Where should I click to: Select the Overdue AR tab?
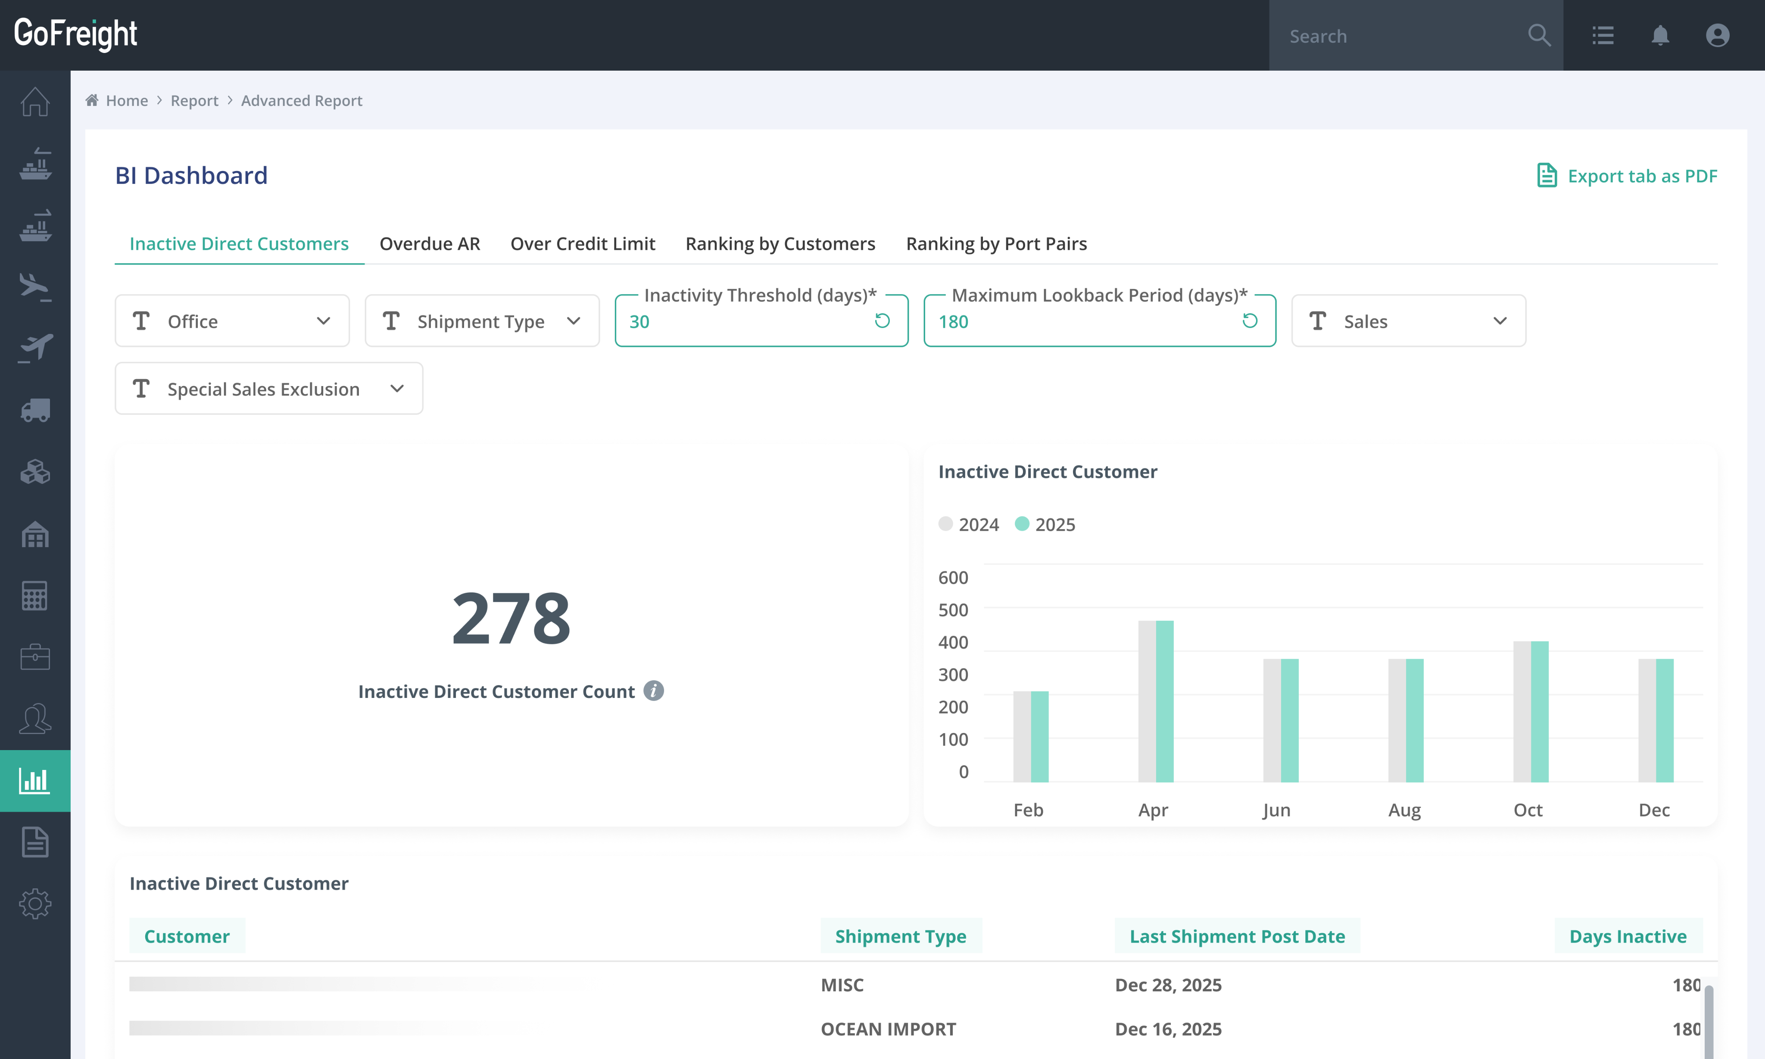(430, 243)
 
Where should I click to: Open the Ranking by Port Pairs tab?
(996, 243)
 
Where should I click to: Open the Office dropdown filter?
(232, 321)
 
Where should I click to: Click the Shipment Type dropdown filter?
(482, 321)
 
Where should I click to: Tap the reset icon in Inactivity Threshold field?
(882, 321)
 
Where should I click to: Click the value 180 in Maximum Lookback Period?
(954, 322)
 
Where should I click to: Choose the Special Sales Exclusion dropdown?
(268, 389)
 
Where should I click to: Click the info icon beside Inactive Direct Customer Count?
(653, 691)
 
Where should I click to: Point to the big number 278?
(511, 618)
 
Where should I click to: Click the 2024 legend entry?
(969, 524)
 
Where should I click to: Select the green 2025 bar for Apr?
(1165, 701)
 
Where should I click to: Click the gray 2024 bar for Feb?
(1022, 736)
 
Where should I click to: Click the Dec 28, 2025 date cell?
(1168, 985)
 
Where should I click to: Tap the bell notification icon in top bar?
(1660, 35)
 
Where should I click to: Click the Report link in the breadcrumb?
(194, 101)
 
